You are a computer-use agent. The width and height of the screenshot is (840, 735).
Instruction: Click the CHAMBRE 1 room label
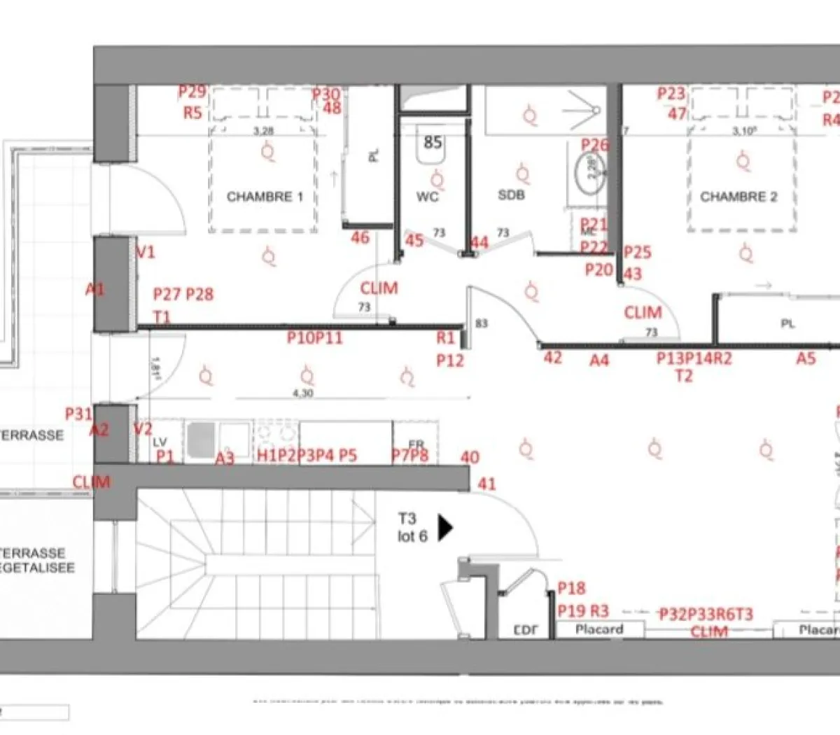(265, 197)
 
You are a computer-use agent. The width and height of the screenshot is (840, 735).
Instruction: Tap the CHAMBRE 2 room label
(738, 197)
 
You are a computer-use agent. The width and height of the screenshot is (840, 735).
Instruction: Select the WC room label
(427, 197)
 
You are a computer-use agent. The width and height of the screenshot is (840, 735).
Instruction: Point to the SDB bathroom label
(511, 195)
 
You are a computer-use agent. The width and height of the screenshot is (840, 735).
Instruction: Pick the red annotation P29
(192, 92)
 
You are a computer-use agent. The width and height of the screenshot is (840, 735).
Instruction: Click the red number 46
(360, 238)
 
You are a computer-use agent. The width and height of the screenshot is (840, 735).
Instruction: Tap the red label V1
(145, 252)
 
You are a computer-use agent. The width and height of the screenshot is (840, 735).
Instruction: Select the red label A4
(598, 360)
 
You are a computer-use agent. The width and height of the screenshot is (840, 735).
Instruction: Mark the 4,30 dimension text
(302, 393)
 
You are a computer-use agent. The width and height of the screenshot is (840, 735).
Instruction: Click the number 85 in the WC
(433, 142)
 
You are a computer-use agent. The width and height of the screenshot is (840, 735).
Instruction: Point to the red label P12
(450, 360)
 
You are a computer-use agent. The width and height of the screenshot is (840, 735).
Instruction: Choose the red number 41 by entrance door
(486, 484)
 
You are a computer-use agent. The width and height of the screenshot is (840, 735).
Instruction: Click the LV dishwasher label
(161, 442)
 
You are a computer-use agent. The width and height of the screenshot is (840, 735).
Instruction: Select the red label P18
(571, 588)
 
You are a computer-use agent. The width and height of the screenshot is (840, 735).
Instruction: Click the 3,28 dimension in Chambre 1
(263, 131)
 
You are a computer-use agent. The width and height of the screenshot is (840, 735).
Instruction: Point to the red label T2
(683, 376)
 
